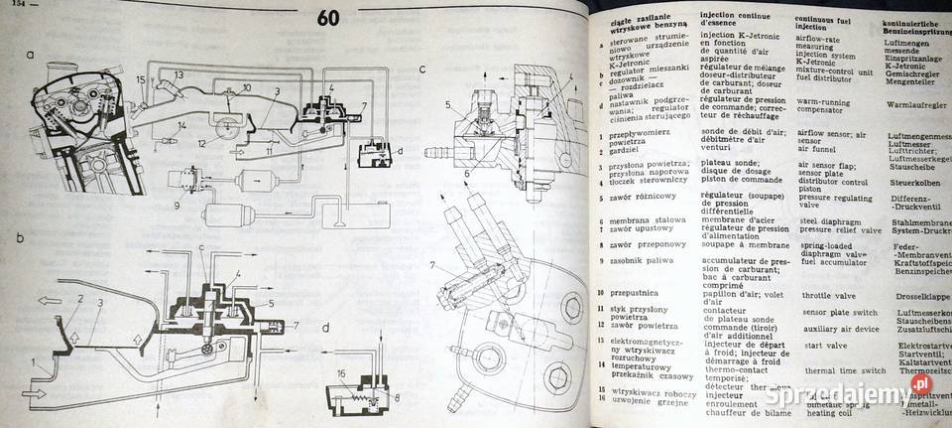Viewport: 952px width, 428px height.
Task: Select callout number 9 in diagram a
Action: (x=177, y=206)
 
